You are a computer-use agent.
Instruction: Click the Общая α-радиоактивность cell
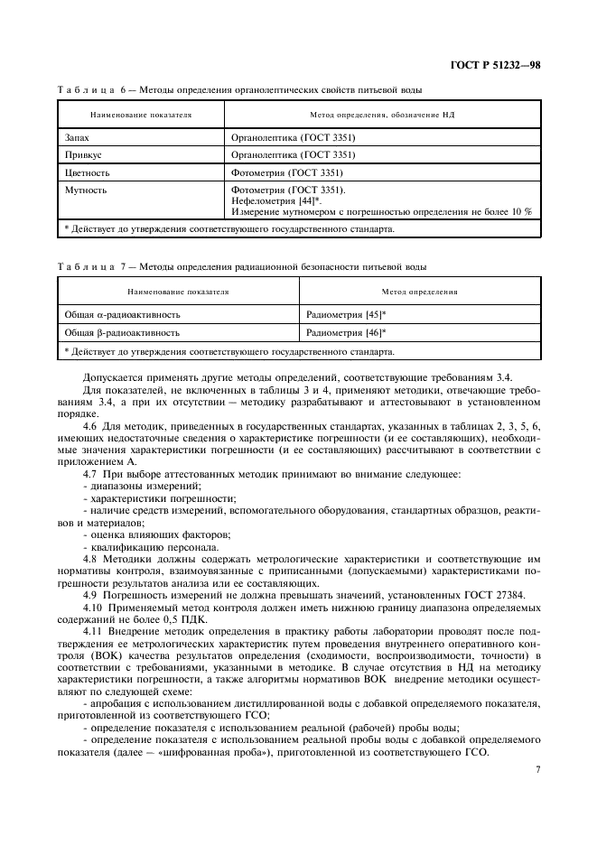[122, 315]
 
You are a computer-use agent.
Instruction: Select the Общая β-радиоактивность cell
[122, 332]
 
